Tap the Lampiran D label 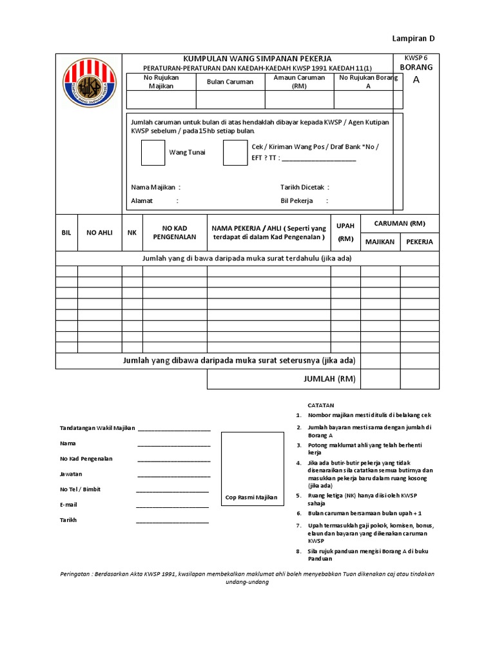[x=414, y=39]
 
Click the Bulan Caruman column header [x=230, y=82]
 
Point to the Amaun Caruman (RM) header [x=299, y=81]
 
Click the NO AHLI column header [x=99, y=233]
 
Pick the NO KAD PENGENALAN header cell [x=174, y=233]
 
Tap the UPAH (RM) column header [x=345, y=233]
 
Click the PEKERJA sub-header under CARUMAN [x=420, y=242]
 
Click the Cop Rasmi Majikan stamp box [x=252, y=471]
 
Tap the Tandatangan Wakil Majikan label [x=97, y=429]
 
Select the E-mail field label [x=68, y=505]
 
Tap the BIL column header [x=66, y=233]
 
